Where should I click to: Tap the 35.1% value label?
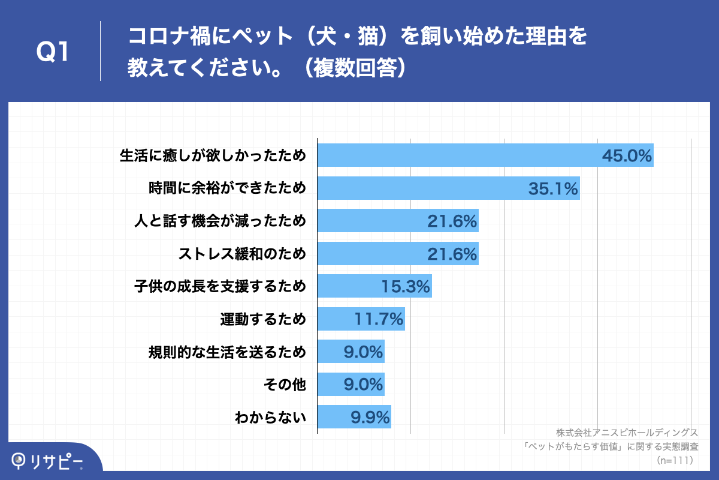pos(552,189)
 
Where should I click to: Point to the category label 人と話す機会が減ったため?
pos(220,221)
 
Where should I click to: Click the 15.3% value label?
pos(406,287)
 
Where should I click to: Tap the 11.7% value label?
pos(379,319)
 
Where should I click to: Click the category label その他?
pos(285,384)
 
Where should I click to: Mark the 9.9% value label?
pos(370,416)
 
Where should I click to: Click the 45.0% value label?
pos(626,156)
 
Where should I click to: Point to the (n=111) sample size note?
pos(675,460)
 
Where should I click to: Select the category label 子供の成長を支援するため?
pos(220,287)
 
